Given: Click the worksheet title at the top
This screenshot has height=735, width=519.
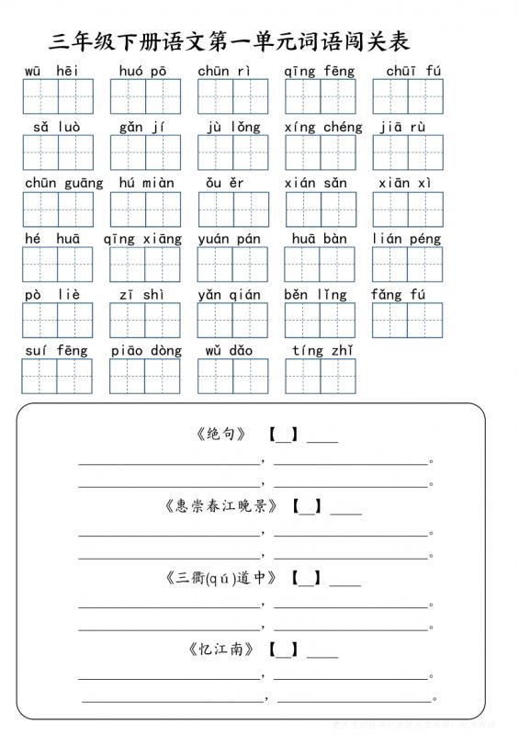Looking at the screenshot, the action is click(x=230, y=42).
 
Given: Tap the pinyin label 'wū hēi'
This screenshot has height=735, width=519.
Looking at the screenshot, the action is click(x=51, y=71).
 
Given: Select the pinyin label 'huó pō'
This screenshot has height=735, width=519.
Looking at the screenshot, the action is click(x=142, y=71).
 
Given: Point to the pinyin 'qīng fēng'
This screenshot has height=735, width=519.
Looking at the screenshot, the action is click(x=319, y=71).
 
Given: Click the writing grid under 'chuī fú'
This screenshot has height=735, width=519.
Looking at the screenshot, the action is click(x=408, y=96).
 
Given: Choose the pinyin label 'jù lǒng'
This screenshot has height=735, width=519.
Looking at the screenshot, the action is click(x=233, y=127).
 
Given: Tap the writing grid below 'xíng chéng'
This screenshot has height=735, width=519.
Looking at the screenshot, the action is click(x=321, y=153).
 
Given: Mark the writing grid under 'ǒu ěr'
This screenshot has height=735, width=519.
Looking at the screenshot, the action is click(x=233, y=209).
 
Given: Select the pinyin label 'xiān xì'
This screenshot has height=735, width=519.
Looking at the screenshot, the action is click(x=405, y=183).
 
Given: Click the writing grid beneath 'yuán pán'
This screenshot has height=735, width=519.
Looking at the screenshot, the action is click(x=232, y=265).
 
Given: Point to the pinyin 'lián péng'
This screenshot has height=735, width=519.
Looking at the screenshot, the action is click(x=406, y=239).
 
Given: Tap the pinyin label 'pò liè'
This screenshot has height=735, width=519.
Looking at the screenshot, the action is click(x=52, y=295).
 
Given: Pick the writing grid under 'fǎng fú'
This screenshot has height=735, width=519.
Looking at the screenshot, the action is click(x=407, y=321).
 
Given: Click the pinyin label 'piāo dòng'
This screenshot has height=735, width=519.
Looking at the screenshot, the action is click(x=146, y=350).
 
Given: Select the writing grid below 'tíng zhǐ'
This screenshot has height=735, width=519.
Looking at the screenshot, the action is click(x=321, y=376).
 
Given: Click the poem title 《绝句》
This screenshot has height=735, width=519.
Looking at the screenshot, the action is click(x=221, y=434).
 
